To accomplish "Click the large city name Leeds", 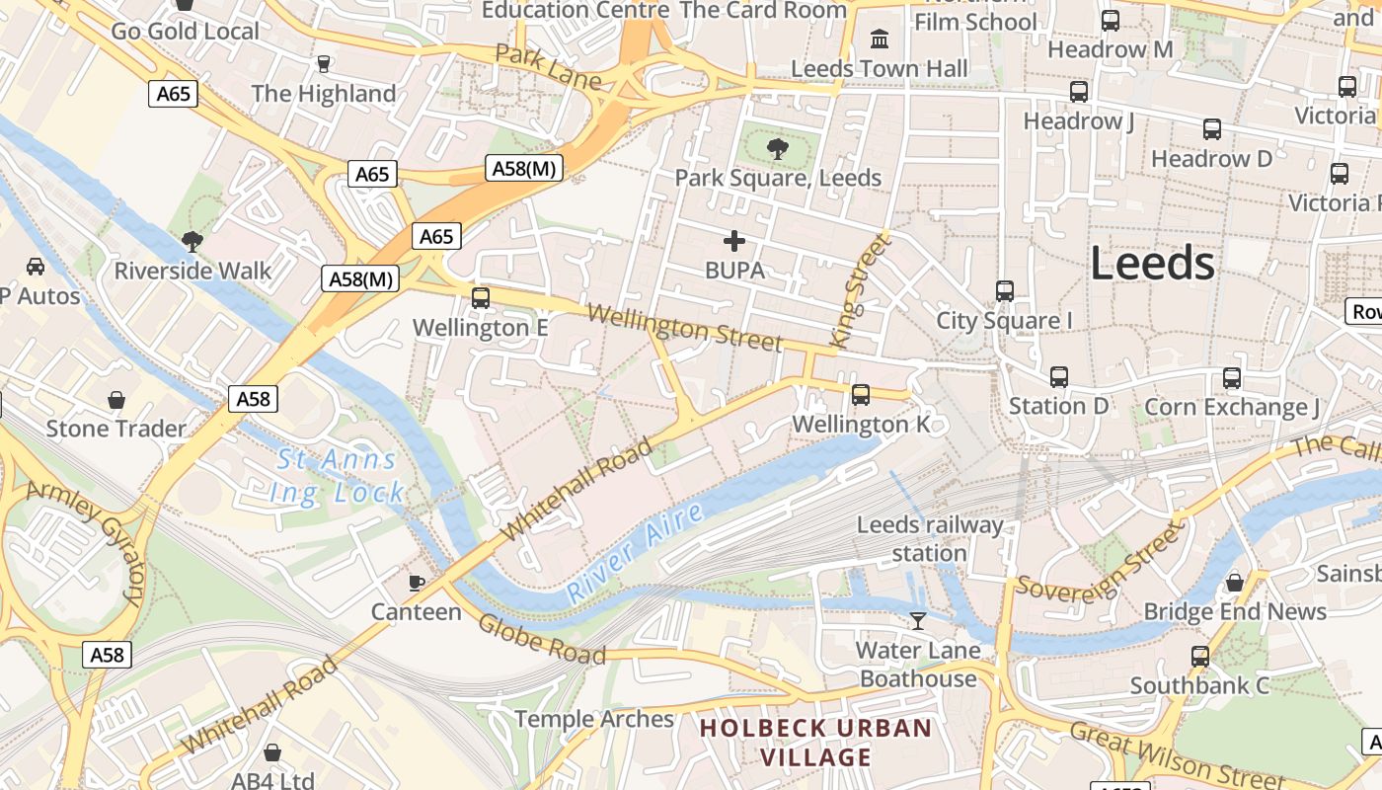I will tap(1152, 264).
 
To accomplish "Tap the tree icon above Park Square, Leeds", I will tap(778, 149).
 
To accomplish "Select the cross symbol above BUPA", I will tap(734, 241).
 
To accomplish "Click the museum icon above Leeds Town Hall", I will tap(879, 39).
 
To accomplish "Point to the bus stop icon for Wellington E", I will tap(481, 297).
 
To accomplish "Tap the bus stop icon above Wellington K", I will tap(861, 395).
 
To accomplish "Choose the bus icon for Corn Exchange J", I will tap(1232, 378).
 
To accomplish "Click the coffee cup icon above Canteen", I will tap(417, 582).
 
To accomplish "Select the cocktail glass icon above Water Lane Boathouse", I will tap(918, 620).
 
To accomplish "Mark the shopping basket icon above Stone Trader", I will tap(116, 400).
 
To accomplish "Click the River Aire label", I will tap(635, 553).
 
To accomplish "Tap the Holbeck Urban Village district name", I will tap(815, 743).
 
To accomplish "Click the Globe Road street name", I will tap(541, 639).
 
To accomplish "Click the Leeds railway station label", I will tap(929, 539).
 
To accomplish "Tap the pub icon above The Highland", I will tap(323, 64).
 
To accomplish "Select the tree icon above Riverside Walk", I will tap(192, 241).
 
